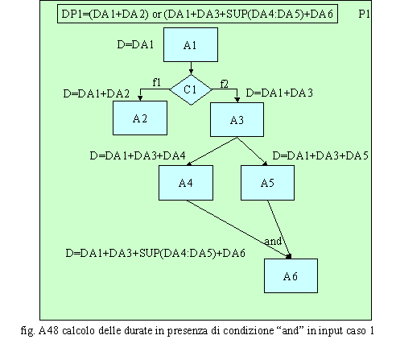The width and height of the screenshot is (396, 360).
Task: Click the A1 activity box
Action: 191,45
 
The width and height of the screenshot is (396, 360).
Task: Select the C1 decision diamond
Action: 191,89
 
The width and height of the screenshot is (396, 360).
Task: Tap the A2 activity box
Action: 140,118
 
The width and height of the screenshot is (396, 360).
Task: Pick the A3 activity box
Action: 237,120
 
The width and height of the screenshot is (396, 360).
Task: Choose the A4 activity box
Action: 186,183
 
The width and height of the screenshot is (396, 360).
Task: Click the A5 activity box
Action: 267,183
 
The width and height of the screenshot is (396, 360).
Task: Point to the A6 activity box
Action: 291,275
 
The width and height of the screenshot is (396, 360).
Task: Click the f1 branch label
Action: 157,82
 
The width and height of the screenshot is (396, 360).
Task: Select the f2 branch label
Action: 225,84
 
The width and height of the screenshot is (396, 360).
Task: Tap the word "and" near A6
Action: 273,241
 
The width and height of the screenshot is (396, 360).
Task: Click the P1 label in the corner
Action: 364,14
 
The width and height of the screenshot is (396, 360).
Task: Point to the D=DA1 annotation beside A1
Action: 135,44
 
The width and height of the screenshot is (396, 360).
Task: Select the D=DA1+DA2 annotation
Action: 97,93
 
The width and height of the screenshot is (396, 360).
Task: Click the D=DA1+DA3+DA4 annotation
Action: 138,155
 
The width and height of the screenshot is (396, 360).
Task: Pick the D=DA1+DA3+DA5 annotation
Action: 320,155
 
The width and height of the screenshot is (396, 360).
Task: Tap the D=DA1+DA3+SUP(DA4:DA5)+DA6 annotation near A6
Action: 155,253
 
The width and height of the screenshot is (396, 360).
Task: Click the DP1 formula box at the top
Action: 197,14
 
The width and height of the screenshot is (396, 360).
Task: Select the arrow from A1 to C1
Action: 191,68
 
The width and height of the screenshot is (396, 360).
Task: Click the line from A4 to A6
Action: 238,230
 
